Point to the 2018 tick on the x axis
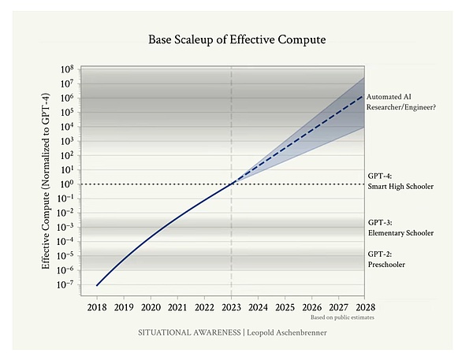click(x=97, y=306)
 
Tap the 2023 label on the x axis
click(x=230, y=306)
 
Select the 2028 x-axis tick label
click(x=363, y=306)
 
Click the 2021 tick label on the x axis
click(x=177, y=306)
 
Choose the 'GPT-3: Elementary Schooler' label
click(x=400, y=228)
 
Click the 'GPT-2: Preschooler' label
click(x=386, y=259)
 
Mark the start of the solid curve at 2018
click(x=97, y=284)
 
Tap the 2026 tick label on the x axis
click(x=311, y=306)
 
